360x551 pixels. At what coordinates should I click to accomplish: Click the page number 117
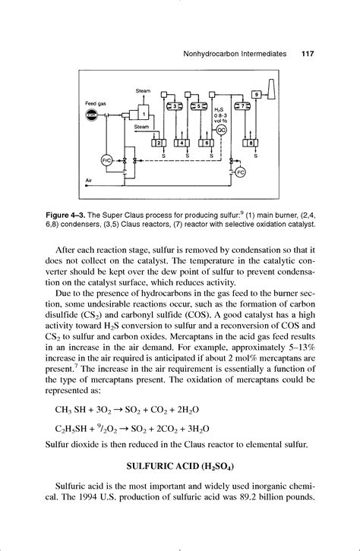[308, 54]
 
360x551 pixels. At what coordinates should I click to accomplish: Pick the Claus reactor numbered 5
[201, 106]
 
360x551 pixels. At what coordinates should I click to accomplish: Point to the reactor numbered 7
[245, 106]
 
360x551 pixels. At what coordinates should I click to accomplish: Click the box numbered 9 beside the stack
[257, 94]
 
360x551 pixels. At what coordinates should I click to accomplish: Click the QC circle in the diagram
[223, 130]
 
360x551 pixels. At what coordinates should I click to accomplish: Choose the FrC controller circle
[106, 161]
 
